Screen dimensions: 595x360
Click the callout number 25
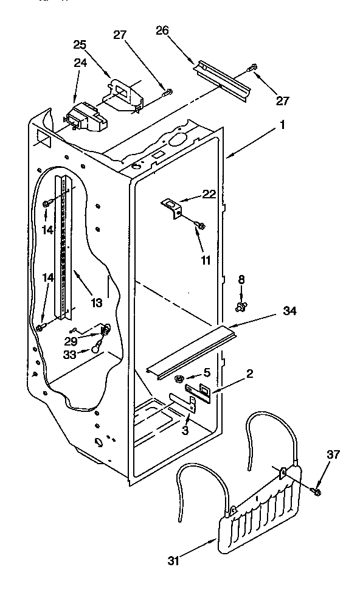[x=80, y=44]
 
